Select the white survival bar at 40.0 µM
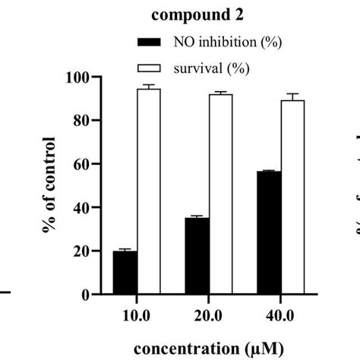(x=293, y=197)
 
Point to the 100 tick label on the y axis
(x=78, y=77)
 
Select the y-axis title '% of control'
(x=49, y=185)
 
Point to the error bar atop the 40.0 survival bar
(x=293, y=96)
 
